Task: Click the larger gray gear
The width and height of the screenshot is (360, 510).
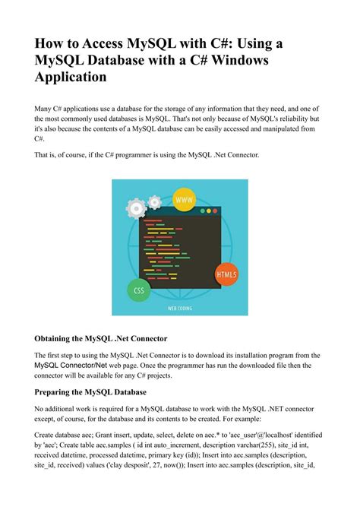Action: (137, 207)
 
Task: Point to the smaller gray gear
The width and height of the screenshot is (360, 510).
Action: (155, 202)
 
